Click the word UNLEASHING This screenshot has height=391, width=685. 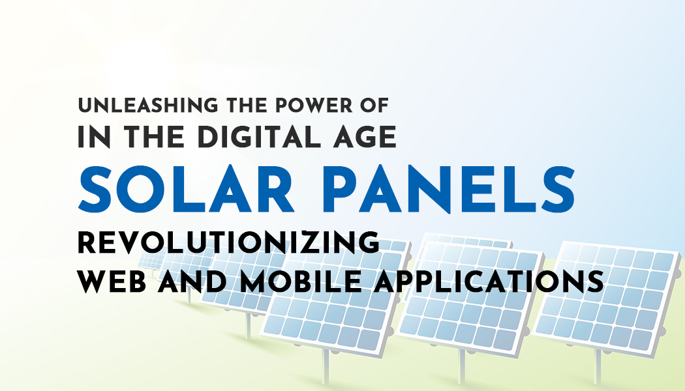(x=147, y=106)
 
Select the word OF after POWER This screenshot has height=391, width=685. (x=374, y=106)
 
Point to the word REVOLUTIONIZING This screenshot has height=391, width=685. (x=228, y=242)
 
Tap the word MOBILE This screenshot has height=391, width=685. (x=301, y=281)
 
